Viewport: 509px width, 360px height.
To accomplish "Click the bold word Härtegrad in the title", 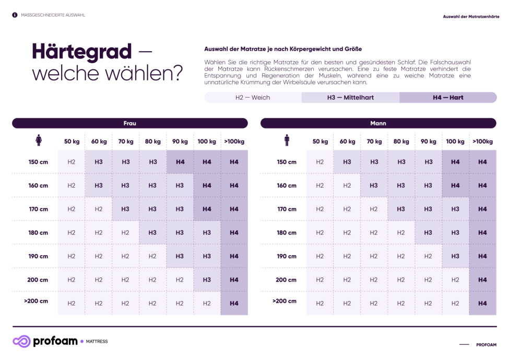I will [81, 51].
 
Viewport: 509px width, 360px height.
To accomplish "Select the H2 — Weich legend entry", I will [253, 98].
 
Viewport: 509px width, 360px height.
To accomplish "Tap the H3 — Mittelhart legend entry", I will [350, 98].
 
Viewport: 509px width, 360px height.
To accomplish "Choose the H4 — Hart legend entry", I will [448, 98].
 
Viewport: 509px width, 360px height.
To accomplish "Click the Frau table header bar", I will [130, 123].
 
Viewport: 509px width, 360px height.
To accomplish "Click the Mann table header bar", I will [378, 123].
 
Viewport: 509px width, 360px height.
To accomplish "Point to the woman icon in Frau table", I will [39, 141].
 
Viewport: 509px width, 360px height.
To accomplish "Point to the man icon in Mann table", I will [287, 141].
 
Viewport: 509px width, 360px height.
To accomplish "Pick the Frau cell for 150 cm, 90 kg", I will [180, 162].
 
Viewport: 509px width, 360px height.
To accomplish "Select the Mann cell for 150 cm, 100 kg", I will [455, 162].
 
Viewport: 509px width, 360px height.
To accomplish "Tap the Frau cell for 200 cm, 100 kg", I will [207, 280].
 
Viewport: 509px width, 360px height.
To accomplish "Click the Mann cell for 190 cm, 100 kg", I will [455, 256].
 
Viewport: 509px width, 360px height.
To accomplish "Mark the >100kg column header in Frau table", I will [234, 142].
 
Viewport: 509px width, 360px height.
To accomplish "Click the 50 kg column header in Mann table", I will [320, 142].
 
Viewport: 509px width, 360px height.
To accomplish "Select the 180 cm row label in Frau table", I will [38, 233].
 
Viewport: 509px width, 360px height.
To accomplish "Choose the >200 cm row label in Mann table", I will [285, 301].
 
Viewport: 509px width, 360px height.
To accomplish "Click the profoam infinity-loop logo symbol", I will [21, 342].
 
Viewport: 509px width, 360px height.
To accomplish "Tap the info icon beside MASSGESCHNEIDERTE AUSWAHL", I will [15, 15].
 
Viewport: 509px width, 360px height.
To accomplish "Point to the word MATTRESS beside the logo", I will [97, 342].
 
